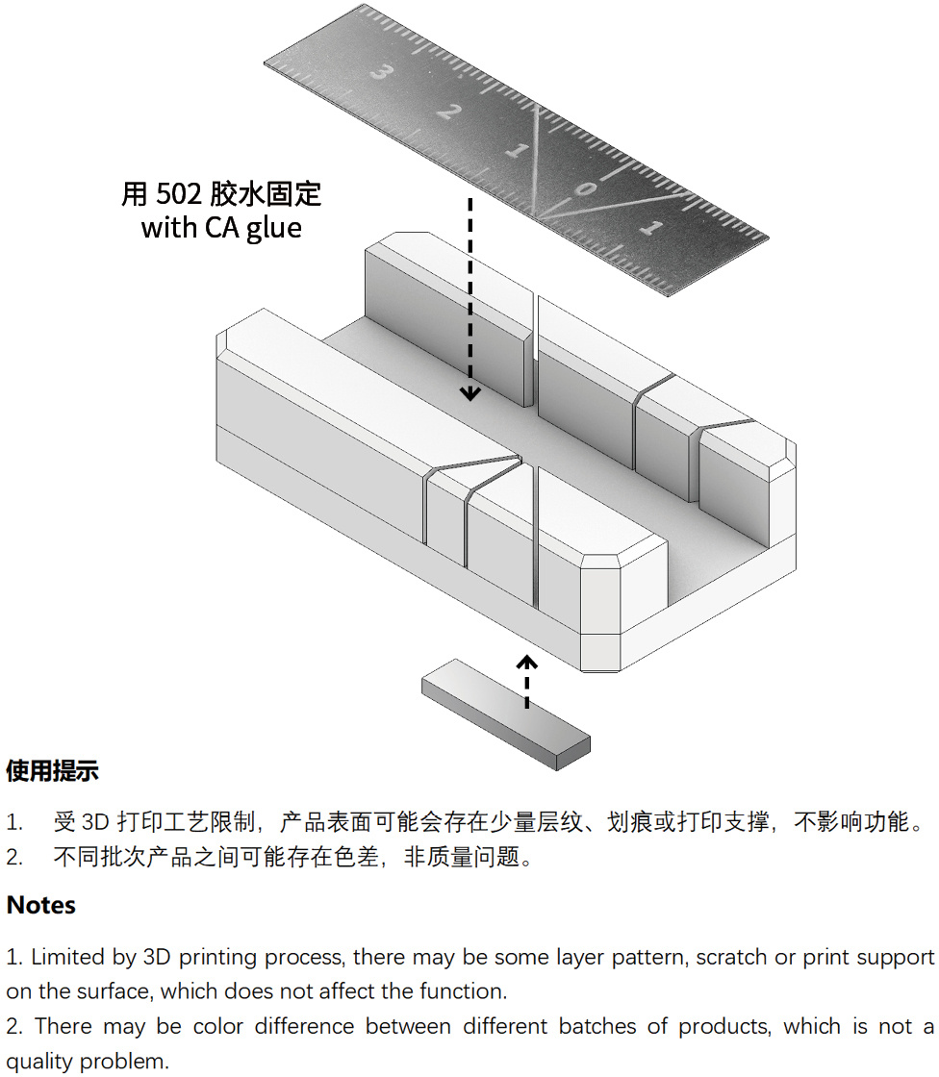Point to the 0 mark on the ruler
click(x=585, y=187)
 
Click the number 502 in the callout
click(x=178, y=194)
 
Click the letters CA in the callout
click(x=221, y=228)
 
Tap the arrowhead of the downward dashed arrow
click(x=470, y=393)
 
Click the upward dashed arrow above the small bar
click(x=526, y=682)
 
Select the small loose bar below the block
click(x=506, y=714)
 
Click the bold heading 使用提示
click(x=52, y=770)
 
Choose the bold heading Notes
click(x=41, y=905)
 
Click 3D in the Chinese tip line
click(x=95, y=822)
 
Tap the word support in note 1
click(x=896, y=958)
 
